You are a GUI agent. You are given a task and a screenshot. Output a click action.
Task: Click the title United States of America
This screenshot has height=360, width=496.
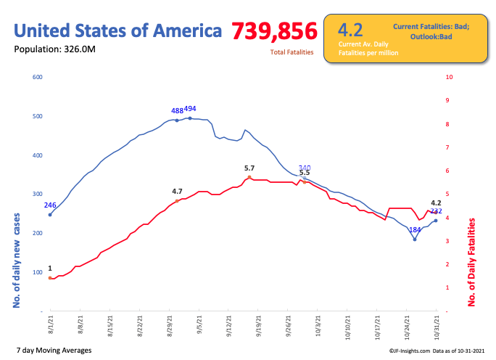click(118, 31)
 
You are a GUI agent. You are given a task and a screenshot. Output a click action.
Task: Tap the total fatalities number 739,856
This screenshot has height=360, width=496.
click(275, 31)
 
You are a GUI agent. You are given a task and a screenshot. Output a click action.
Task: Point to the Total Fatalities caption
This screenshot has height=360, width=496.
click(292, 52)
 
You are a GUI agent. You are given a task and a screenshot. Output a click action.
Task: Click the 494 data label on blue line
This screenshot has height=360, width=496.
click(190, 109)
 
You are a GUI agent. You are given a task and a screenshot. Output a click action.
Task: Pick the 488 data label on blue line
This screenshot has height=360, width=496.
click(177, 111)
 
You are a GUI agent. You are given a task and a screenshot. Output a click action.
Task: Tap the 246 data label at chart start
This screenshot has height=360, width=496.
click(50, 205)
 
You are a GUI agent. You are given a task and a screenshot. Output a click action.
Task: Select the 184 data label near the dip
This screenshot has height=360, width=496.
click(415, 230)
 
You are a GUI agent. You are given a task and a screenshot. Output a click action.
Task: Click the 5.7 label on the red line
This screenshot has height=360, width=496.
click(249, 168)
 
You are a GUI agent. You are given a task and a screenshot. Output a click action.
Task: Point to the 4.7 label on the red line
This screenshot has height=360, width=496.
click(177, 192)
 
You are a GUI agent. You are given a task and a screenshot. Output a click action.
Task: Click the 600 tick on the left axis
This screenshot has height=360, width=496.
click(38, 77)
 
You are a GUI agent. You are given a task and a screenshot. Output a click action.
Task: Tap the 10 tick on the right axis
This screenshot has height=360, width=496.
click(450, 77)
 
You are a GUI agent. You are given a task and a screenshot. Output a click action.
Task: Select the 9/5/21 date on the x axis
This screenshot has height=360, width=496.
click(199, 323)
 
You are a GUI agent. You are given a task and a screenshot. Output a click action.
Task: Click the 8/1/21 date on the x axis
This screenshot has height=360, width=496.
click(50, 322)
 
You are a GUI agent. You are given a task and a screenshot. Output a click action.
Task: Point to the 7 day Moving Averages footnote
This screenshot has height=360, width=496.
click(54, 351)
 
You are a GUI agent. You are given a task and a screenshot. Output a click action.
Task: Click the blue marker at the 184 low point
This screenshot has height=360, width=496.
click(415, 239)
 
